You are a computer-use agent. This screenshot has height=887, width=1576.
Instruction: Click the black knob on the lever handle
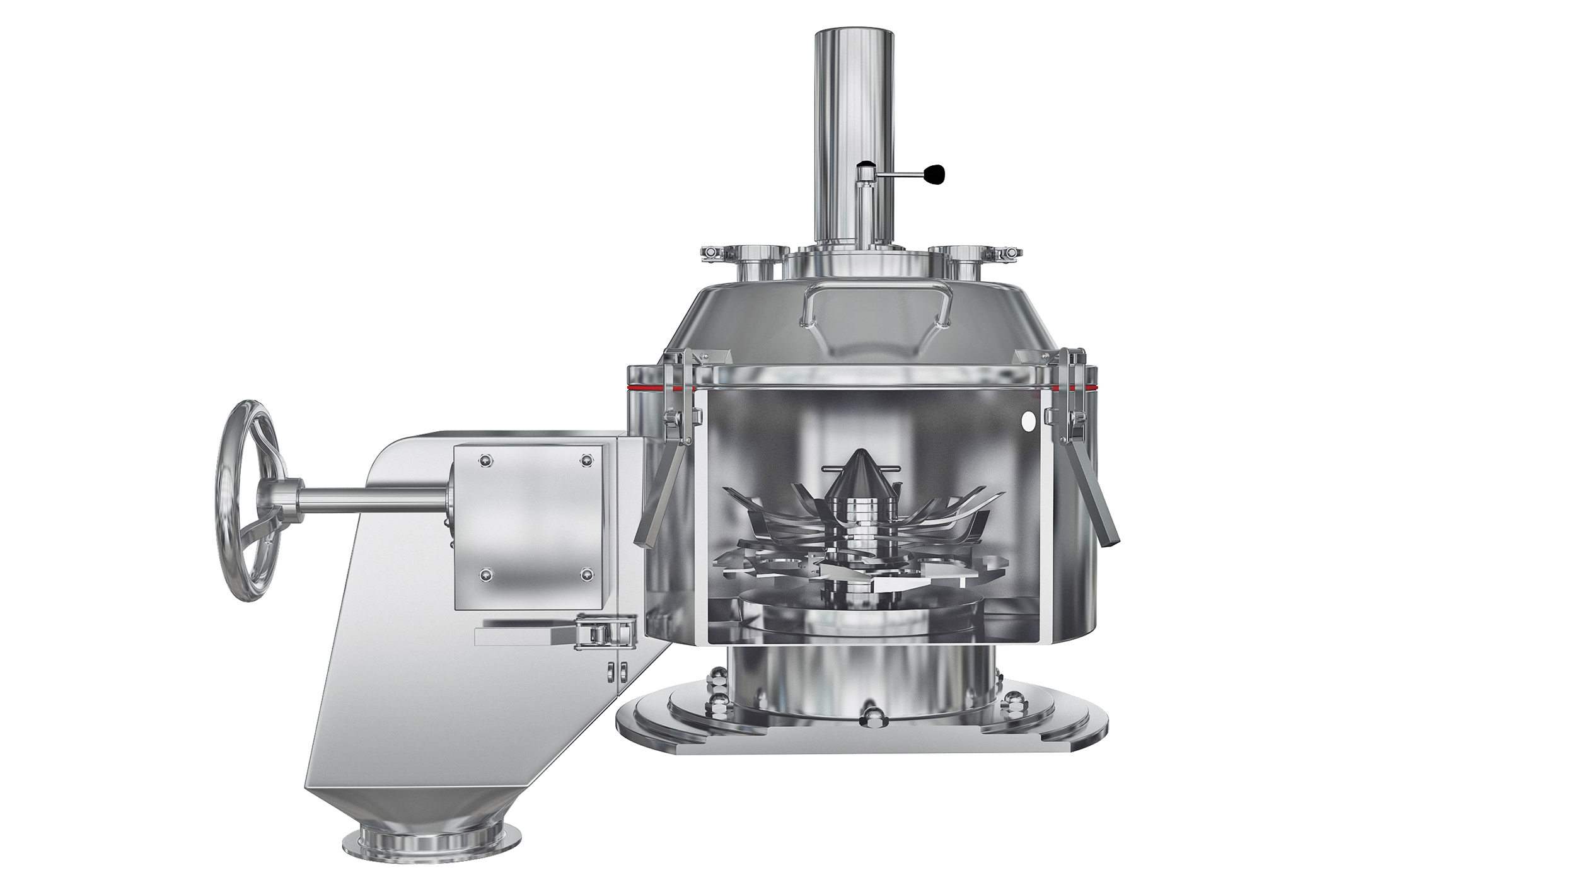[x=936, y=175]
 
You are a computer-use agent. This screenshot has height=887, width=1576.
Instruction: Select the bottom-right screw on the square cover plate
[x=586, y=573]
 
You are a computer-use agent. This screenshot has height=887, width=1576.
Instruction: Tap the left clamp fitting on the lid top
[x=716, y=253]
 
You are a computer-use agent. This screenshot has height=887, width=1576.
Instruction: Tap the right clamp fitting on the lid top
[x=1195, y=252]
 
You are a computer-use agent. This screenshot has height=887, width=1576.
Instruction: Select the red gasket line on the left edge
[x=644, y=386]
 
